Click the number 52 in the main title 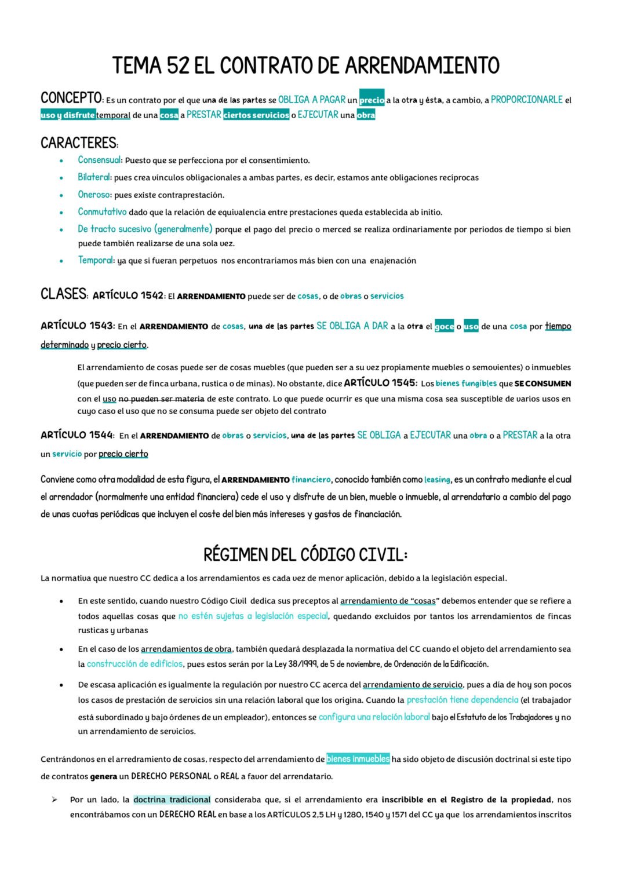pyautogui.click(x=177, y=65)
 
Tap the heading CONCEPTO pyautogui.click(x=71, y=97)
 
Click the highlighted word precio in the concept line pyautogui.click(x=372, y=100)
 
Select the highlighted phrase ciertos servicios pyautogui.click(x=256, y=115)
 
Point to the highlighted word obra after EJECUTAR pyautogui.click(x=366, y=115)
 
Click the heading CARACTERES pyautogui.click(x=79, y=143)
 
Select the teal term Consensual pyautogui.click(x=99, y=160)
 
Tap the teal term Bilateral pyautogui.click(x=94, y=177)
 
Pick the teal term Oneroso pyautogui.click(x=94, y=195)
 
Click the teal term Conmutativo pyautogui.click(x=102, y=212)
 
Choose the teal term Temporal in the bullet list pyautogui.click(x=96, y=260)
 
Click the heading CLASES pyautogui.click(x=63, y=294)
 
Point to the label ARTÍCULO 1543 pyautogui.click(x=77, y=326)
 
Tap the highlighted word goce pyautogui.click(x=444, y=327)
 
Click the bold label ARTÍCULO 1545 pyautogui.click(x=380, y=383)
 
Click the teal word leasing pyautogui.click(x=437, y=480)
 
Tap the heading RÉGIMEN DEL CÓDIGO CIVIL pyautogui.click(x=305, y=555)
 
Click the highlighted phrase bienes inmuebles pyautogui.click(x=358, y=759)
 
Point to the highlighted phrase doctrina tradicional pyautogui.click(x=172, y=800)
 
